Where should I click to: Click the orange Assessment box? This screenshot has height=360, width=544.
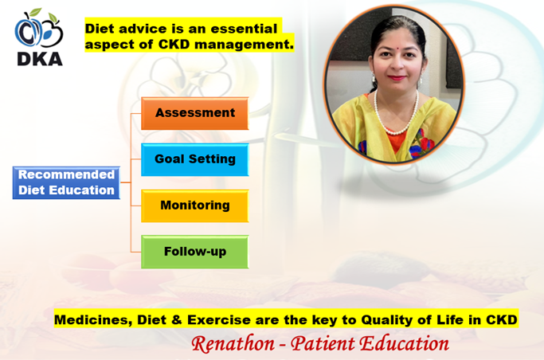[195, 113]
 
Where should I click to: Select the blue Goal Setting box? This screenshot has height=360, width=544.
[195, 159]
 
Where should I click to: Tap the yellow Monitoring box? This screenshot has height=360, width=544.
[195, 205]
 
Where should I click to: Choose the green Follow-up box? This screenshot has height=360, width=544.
[195, 252]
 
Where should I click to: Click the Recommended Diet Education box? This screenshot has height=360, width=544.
[66, 182]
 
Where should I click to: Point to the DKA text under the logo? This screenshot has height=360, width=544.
[40, 59]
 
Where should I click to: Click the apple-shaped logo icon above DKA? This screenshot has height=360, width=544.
[38, 29]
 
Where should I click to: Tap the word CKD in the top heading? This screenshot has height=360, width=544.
[174, 45]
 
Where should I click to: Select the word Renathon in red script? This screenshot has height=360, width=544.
[233, 344]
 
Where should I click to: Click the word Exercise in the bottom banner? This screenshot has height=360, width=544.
[218, 319]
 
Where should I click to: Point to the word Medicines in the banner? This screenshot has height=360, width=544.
[93, 320]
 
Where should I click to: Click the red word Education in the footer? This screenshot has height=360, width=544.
[404, 344]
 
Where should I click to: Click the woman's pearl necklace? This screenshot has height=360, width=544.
[396, 115]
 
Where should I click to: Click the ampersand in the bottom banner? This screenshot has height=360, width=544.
[177, 319]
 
